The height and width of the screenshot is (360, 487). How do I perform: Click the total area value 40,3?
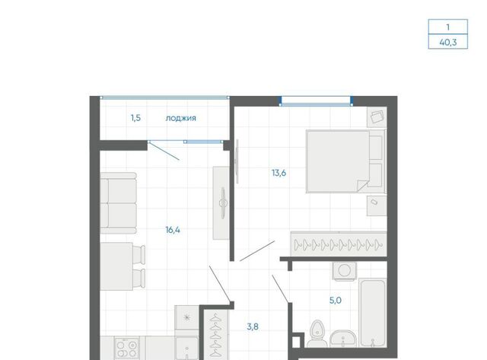click(x=448, y=42)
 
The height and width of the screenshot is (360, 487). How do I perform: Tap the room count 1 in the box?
click(x=448, y=27)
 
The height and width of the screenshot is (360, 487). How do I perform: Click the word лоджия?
click(x=181, y=118)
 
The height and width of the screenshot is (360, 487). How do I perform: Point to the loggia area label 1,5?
click(x=135, y=118)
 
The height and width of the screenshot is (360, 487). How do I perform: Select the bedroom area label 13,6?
click(x=279, y=173)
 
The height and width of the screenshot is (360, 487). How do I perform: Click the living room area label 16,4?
click(x=173, y=230)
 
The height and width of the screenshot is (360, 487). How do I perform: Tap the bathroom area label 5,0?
click(x=336, y=301)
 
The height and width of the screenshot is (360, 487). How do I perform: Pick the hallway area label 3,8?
click(x=253, y=327)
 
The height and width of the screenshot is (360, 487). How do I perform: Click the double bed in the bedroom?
click(x=345, y=161)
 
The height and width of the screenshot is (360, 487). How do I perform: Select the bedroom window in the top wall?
click(x=317, y=101)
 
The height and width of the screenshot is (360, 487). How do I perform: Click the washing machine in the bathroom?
click(x=345, y=271)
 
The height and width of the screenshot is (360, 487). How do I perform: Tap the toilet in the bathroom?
click(x=317, y=334)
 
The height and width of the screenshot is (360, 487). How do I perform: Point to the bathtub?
click(x=373, y=313)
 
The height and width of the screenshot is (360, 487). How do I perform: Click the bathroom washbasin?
click(x=343, y=339)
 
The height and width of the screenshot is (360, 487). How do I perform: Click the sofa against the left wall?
click(x=119, y=203)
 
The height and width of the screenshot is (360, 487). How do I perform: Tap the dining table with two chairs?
click(x=123, y=266)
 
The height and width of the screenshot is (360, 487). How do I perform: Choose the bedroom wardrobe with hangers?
click(x=339, y=244)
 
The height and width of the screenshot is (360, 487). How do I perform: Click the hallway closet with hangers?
click(x=215, y=335)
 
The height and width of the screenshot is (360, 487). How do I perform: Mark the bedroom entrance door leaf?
click(x=257, y=250)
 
